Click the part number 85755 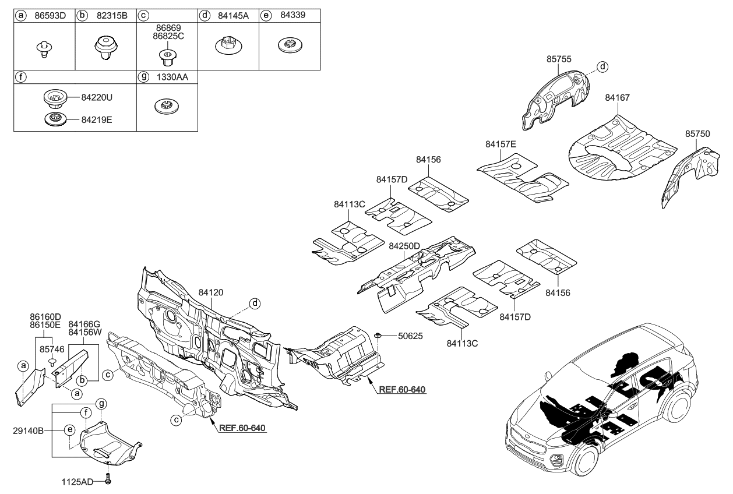[x=558, y=59]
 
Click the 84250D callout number [x=404, y=246]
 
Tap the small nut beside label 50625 [x=377, y=336]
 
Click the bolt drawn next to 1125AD [x=109, y=481]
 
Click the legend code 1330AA [x=167, y=76]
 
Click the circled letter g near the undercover [x=101, y=403]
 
